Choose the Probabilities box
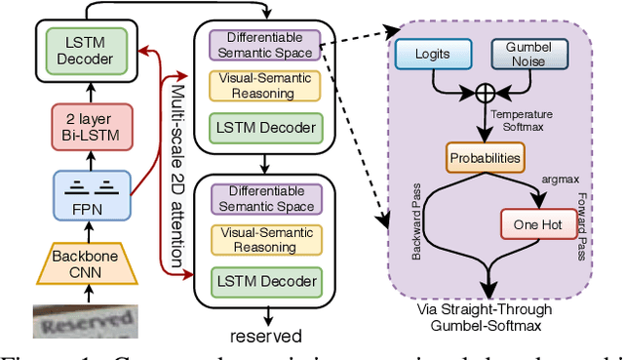485,156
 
